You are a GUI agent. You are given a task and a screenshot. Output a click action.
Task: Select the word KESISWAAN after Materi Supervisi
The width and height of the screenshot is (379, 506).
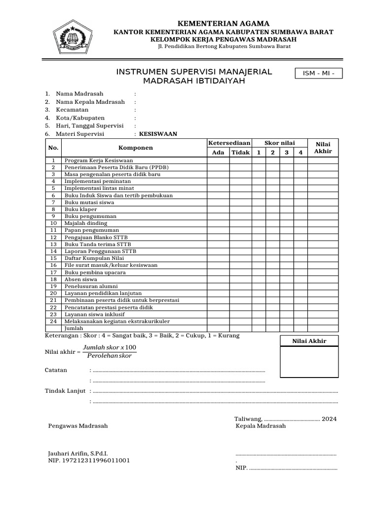click(158, 134)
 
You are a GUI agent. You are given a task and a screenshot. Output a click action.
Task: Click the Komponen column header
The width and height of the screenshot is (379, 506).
click(136, 148)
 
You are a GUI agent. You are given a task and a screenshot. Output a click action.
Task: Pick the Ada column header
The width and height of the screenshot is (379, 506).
click(218, 153)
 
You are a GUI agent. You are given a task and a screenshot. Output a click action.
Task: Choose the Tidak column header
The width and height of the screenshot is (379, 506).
click(241, 153)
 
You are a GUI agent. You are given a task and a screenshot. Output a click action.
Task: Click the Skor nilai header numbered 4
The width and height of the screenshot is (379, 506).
click(300, 153)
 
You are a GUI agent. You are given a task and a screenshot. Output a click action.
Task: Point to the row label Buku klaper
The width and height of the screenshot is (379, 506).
click(81, 209)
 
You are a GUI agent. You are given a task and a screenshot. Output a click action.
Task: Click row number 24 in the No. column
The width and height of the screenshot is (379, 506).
click(54, 321)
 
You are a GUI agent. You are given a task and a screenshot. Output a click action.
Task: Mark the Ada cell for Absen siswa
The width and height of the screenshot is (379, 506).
click(218, 279)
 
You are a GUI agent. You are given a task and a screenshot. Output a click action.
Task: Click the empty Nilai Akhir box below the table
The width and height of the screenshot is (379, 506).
click(309, 363)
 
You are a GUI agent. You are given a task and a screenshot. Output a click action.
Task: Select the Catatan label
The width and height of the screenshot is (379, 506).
click(56, 370)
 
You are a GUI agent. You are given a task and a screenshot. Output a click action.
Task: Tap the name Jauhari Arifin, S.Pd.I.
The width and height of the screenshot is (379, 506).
click(78, 453)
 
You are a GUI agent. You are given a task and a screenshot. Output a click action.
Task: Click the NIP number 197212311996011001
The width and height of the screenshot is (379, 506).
click(89, 461)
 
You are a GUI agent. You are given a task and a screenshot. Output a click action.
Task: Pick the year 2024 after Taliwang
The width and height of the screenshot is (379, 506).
click(329, 419)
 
